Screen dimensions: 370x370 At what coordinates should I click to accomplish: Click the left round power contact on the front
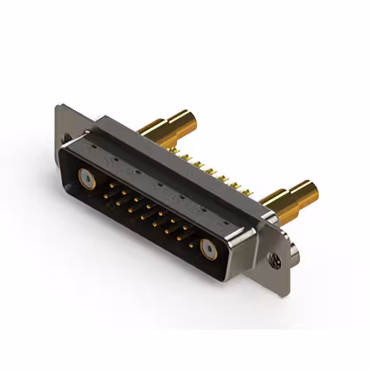(x=87, y=179)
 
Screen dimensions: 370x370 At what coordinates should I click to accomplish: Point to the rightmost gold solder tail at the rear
(x=253, y=191)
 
